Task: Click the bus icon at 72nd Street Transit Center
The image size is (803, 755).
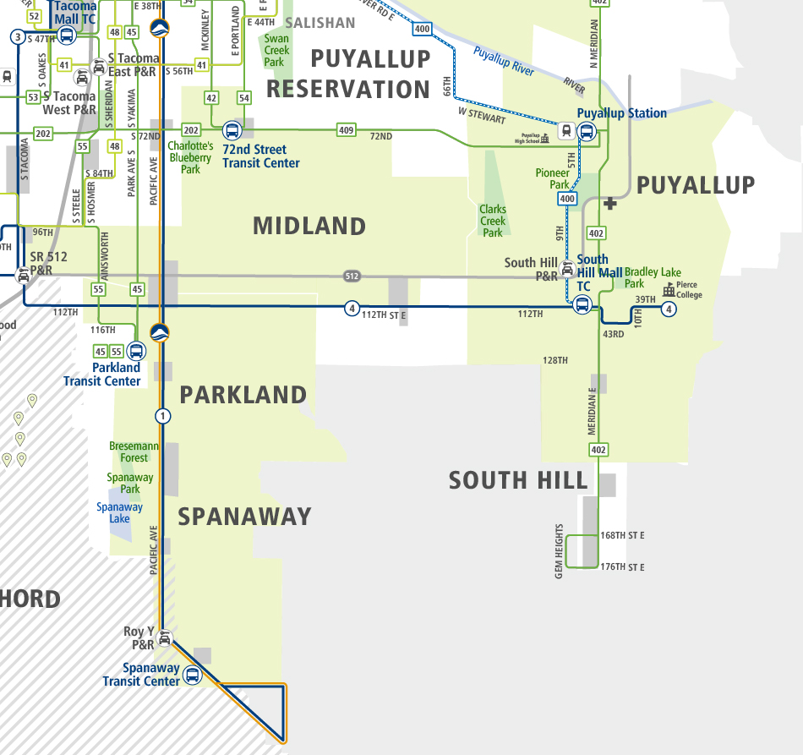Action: pos(231,131)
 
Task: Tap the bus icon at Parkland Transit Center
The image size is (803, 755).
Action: pos(135,351)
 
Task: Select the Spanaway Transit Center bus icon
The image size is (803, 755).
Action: pos(193,675)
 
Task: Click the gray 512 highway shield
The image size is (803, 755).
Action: pos(352,276)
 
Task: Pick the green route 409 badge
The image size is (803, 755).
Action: pos(346,130)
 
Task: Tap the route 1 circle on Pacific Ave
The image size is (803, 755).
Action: pos(162,416)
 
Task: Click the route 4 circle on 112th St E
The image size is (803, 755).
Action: pos(352,308)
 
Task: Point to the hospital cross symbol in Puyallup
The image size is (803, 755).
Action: pos(611,204)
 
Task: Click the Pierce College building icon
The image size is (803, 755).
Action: pos(669,290)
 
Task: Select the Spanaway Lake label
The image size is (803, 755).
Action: pos(119,512)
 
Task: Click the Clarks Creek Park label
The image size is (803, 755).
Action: pos(493,221)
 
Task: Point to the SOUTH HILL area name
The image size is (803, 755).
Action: pos(517,480)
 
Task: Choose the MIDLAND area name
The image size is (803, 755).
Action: pos(309,226)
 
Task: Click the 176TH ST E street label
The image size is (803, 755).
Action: pos(623,567)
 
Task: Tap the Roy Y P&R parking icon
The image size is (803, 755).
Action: pos(166,638)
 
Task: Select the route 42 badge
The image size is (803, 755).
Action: pos(211,99)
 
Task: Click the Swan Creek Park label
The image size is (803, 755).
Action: pos(276,50)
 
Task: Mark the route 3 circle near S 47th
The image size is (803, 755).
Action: pos(17,36)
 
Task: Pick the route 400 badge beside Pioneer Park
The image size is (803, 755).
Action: pos(567,199)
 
